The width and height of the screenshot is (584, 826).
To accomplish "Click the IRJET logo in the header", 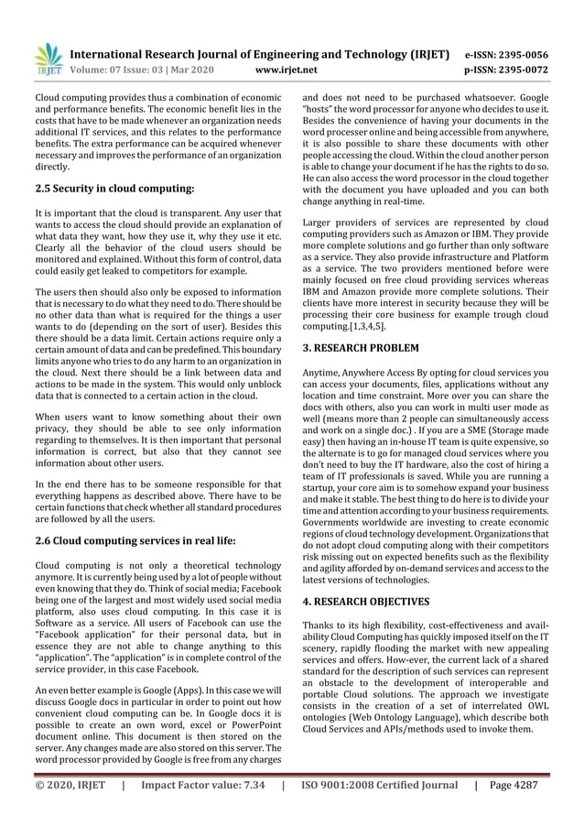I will pos(49,59).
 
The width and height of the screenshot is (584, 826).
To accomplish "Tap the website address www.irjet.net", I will pos(287,69).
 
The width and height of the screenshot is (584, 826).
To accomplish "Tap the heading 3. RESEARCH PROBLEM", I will pos(361,348).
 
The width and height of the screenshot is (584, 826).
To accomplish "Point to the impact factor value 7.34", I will pos(245,785).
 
